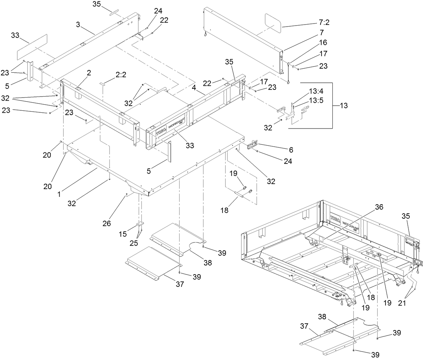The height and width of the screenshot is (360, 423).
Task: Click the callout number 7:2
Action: (x=324, y=23)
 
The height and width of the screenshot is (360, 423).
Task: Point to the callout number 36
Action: (x=379, y=207)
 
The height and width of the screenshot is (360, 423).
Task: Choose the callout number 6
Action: (x=291, y=150)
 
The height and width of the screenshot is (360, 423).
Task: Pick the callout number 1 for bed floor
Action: (x=59, y=194)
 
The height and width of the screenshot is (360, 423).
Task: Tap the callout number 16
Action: (x=323, y=43)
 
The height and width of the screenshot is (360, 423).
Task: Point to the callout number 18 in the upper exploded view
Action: (x=224, y=210)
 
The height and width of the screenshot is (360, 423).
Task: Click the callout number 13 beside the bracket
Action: (x=344, y=105)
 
